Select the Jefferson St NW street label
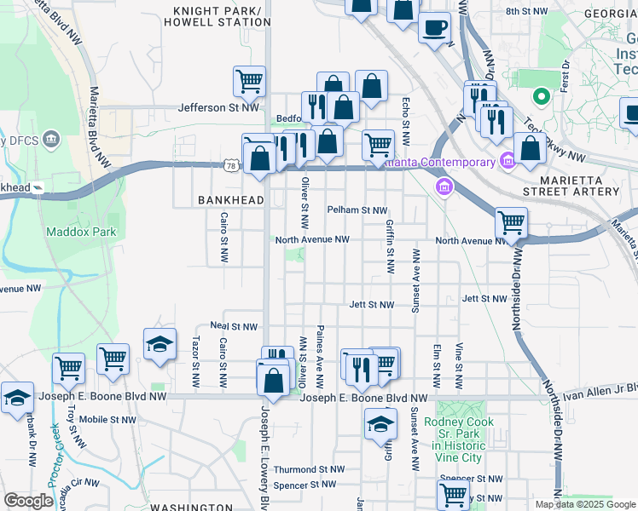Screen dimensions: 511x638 pos(218,108)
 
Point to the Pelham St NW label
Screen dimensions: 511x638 pos(357,210)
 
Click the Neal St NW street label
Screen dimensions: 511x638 pos(234,326)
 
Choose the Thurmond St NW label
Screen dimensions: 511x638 pos(309,469)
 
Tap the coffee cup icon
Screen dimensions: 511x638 pos(434,26)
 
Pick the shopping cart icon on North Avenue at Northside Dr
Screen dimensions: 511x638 pos(511,223)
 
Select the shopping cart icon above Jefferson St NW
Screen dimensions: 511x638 pos(249,81)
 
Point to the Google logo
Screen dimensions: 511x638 pos(28,501)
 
